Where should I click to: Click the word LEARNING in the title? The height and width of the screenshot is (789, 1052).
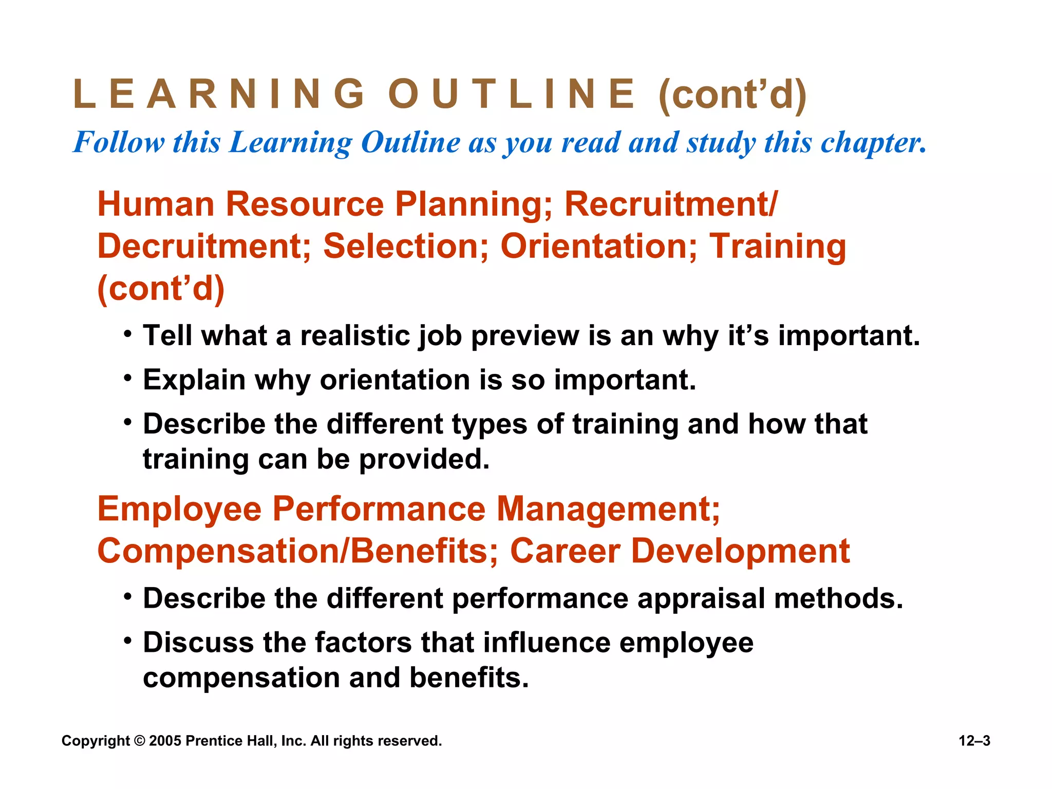click(219, 95)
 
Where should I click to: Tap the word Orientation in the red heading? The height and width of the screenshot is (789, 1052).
click(599, 247)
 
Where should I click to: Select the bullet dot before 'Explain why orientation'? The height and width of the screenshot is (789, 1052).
click(128, 379)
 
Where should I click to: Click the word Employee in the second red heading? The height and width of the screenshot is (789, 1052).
click(180, 510)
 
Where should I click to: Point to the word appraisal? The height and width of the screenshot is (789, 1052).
click(701, 599)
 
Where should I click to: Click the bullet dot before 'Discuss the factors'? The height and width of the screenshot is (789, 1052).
click(128, 642)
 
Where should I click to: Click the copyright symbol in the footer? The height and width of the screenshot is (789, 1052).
click(139, 741)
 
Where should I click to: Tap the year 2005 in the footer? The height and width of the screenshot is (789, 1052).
click(165, 741)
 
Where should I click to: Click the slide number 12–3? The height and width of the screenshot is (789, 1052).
click(974, 741)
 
